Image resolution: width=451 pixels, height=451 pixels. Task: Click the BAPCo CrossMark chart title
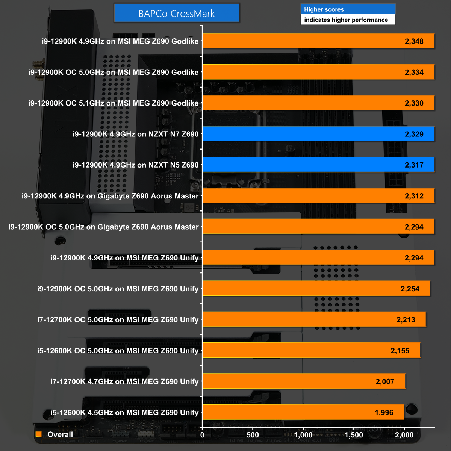(x=177, y=14)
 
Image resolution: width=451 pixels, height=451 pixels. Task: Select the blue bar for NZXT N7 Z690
(x=318, y=134)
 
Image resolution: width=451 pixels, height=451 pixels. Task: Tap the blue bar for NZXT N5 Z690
(x=318, y=165)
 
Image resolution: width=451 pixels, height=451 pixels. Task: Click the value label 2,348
(x=414, y=41)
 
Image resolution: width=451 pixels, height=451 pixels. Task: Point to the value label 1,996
(x=384, y=413)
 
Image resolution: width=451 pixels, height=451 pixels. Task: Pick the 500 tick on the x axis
(x=253, y=435)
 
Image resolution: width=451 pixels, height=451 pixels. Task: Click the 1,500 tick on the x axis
(x=354, y=435)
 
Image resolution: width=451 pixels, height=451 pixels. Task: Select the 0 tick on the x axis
(x=202, y=435)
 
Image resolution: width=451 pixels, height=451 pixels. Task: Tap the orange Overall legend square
(x=38, y=434)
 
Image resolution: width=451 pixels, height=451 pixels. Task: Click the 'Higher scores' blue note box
(x=348, y=9)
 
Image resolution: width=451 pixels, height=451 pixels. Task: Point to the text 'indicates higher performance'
(x=346, y=20)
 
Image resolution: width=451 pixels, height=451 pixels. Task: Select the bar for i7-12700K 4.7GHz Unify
(x=304, y=381)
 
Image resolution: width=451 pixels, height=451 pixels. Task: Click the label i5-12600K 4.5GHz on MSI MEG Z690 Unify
(x=124, y=413)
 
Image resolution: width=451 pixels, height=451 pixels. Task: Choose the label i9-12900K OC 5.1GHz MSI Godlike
(x=114, y=103)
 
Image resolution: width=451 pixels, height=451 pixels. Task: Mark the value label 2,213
(x=406, y=320)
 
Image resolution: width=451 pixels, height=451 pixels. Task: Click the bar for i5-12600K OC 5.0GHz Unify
(x=311, y=351)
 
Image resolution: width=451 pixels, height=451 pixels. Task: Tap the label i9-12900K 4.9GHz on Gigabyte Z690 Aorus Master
(x=110, y=196)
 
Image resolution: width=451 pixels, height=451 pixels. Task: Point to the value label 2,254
(x=410, y=289)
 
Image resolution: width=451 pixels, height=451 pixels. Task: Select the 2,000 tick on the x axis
(x=404, y=435)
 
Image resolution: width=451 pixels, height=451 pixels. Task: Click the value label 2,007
(x=385, y=382)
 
